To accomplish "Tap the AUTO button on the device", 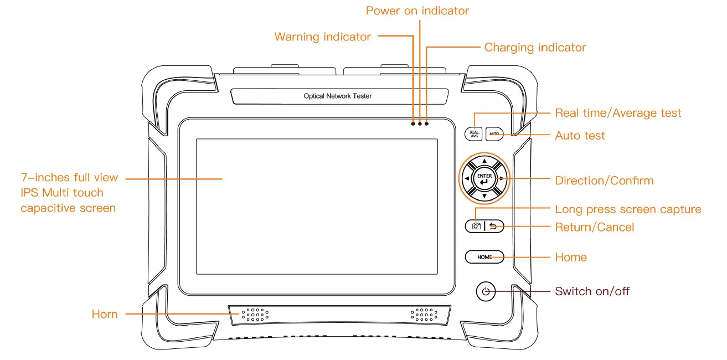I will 494,134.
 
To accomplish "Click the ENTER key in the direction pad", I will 484,179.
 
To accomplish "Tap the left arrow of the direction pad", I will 467,179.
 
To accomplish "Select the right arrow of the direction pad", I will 502,179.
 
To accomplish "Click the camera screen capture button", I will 476,226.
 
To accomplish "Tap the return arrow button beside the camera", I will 494,226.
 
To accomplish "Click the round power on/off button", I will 486,291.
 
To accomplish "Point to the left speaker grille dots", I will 255,315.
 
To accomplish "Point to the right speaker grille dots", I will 424,315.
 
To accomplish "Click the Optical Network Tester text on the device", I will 338,96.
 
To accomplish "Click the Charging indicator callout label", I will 535,48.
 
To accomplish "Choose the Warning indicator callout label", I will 322,37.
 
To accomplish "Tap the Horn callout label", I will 105,315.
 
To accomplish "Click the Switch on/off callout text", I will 592,291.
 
